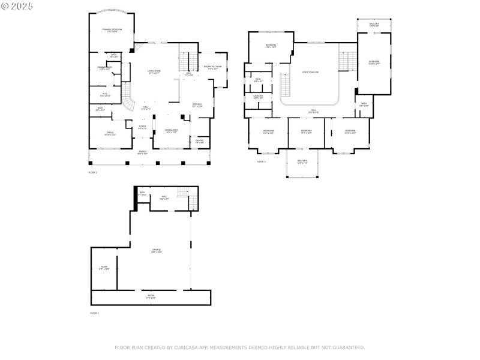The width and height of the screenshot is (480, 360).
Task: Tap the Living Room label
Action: tap(154, 71)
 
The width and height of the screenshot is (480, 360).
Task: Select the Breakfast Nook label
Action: tap(213, 67)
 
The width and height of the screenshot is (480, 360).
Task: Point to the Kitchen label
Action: tap(197, 106)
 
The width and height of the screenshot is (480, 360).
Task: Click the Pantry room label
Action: tap(199, 142)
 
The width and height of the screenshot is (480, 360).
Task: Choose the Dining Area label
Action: tap(170, 131)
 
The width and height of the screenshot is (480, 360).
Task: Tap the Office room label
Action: tap(110, 133)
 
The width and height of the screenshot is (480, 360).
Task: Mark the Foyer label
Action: tap(142, 127)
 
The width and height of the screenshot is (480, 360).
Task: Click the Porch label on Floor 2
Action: tap(142, 152)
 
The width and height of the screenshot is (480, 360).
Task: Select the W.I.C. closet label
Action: tap(104, 95)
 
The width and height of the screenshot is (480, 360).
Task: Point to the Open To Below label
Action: tap(310, 72)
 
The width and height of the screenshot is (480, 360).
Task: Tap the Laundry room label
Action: tap(258, 97)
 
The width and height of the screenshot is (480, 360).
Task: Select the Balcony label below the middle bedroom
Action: tap(302, 161)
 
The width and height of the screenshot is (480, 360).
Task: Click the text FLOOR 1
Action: tap(94, 313)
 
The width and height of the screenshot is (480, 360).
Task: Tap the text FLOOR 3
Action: tap(261, 161)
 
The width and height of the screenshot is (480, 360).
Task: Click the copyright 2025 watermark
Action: tap(17, 6)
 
